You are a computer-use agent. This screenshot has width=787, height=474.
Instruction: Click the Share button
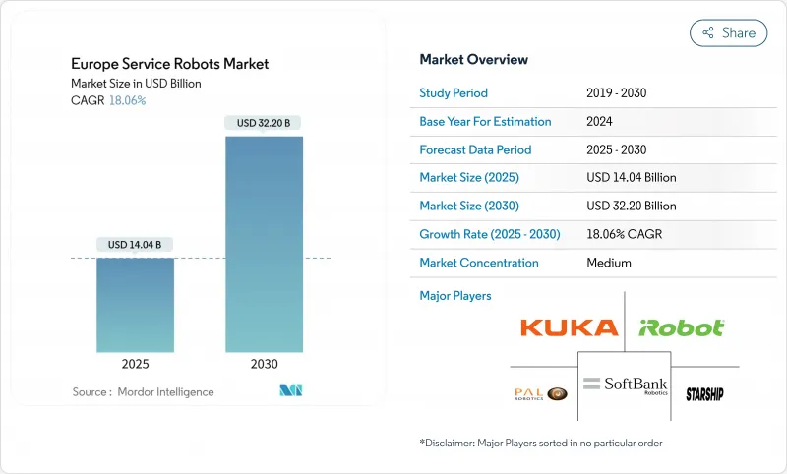[x=728, y=32]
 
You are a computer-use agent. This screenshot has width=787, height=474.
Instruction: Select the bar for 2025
[x=136, y=305]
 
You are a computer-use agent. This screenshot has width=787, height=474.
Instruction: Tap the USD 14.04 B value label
[x=136, y=244]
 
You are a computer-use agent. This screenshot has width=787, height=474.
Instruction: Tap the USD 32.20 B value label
[x=265, y=123]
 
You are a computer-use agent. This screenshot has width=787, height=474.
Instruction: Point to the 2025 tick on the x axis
[x=136, y=364]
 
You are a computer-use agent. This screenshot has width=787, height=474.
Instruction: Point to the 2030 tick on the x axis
[x=265, y=364]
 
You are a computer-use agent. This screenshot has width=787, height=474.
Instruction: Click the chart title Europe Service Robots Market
[x=169, y=64]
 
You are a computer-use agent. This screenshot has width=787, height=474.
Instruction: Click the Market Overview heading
[x=473, y=59]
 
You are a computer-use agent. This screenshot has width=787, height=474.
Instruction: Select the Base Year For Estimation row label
[x=485, y=122]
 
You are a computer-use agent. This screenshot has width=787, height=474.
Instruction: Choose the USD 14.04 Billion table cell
[x=631, y=178]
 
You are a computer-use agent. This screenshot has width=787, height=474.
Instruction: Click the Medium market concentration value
[x=608, y=263]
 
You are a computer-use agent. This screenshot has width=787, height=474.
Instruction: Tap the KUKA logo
[x=569, y=327]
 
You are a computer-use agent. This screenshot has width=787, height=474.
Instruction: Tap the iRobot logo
[x=682, y=327]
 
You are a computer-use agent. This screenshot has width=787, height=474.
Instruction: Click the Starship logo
[x=704, y=393]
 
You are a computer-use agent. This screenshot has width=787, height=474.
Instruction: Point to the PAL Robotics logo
[x=540, y=393]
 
